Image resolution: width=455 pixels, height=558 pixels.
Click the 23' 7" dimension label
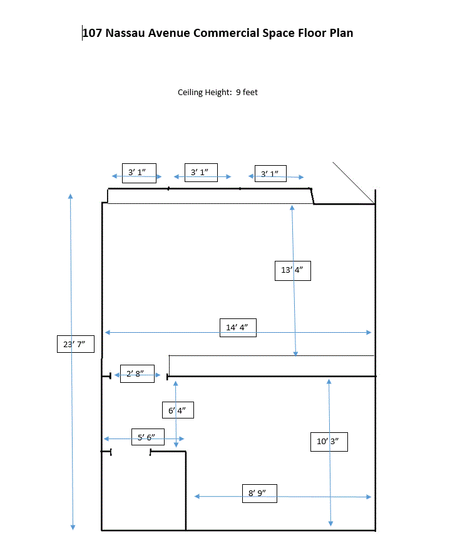click(x=75, y=344)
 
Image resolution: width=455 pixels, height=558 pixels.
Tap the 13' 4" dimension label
click(x=292, y=271)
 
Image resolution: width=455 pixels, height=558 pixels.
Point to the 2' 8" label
click(x=137, y=374)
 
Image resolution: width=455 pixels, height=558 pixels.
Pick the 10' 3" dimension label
click(x=329, y=442)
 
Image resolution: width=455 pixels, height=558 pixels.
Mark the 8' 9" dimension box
click(x=258, y=493)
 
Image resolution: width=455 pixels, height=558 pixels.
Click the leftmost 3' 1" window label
click(x=138, y=172)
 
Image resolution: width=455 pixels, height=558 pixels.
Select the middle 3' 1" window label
click(x=201, y=172)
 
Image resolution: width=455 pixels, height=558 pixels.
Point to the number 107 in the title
click(x=93, y=33)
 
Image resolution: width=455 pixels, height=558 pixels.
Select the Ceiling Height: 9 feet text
click(x=218, y=93)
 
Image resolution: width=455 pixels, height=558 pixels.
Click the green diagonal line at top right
click(x=354, y=183)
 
